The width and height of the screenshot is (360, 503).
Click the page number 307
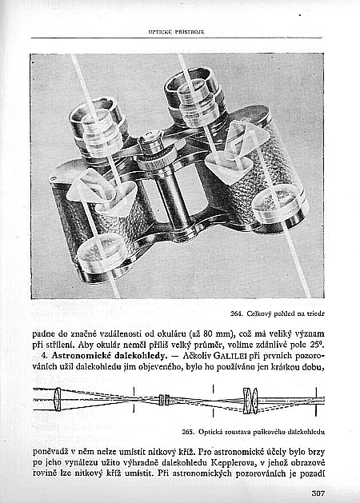point(318,493)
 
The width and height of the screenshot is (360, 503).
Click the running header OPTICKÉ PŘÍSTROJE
point(177,32)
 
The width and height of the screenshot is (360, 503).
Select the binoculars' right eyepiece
point(193,98)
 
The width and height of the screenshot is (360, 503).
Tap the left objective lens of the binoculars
point(102,256)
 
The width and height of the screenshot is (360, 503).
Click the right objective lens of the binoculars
point(278,207)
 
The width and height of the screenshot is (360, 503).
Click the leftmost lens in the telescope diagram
point(57,399)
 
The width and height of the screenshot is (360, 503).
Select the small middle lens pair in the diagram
point(164,400)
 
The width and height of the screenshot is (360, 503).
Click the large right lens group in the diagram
point(250,401)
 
